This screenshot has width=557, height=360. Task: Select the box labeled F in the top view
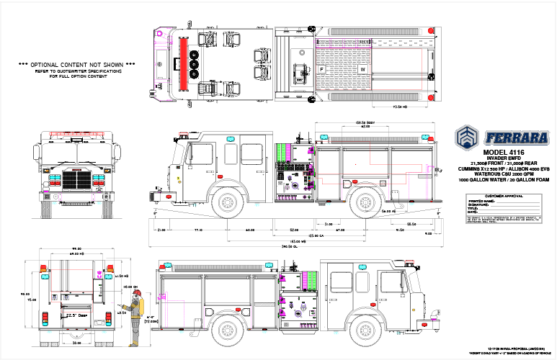click(322, 69)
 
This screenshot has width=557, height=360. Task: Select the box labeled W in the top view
click(365, 69)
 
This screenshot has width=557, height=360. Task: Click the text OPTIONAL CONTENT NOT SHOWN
click(76, 65)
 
